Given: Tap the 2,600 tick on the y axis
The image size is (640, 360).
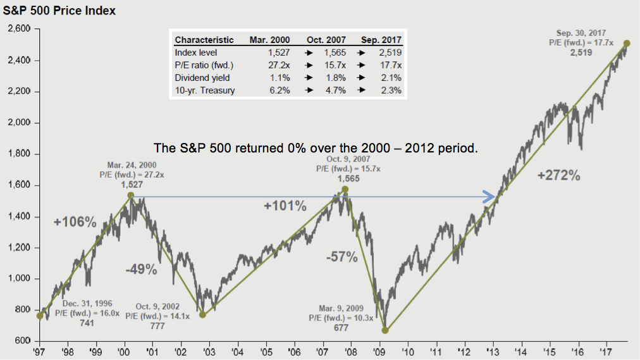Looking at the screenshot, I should coord(20,29).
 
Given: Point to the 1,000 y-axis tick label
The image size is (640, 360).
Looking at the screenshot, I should coord(20,279).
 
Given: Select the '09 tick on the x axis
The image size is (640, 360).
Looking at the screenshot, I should coord(379,350).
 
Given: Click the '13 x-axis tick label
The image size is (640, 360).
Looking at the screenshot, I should coord(492,350).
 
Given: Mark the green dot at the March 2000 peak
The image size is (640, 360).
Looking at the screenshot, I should coord(130,196).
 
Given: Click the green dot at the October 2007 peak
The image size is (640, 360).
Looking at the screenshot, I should coord(345,190).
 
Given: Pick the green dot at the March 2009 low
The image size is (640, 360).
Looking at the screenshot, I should coord(385,330).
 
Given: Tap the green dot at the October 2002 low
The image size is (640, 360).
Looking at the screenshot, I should coord(202,314).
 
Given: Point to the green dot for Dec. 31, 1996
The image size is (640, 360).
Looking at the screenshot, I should coord(40,315).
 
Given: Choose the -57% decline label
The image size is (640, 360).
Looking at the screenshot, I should coord(342,257).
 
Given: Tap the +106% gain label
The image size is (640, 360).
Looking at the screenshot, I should coord(75,222).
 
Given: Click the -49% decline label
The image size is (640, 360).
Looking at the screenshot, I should coord(140,270).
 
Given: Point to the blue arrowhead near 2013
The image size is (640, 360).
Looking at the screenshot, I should coord(490,197).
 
